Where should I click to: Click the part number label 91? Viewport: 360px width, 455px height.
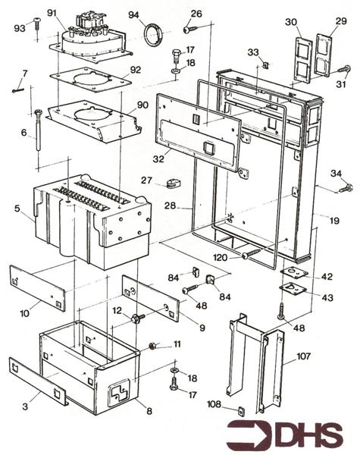point(52,12)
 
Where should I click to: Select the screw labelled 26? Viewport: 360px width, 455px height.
point(188,30)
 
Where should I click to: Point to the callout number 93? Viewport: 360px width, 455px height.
point(20,28)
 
